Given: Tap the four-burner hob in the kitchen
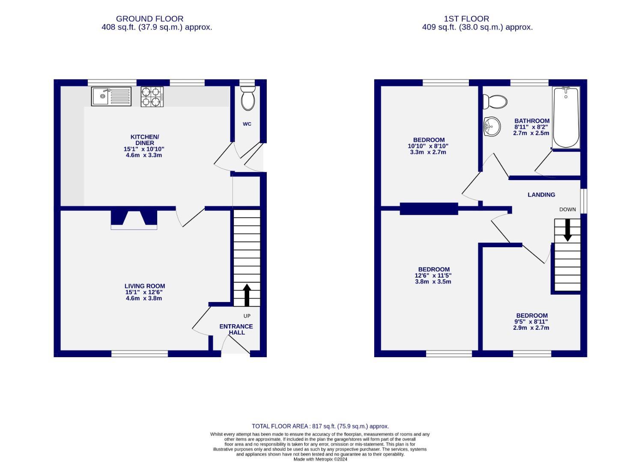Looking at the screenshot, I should [152, 96].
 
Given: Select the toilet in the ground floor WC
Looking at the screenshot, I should [247, 98].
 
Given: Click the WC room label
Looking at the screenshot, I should [247, 124].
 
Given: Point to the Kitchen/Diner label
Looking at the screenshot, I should [144, 140].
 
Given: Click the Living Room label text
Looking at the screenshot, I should [145, 286].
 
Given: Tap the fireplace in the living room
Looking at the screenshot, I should [134, 219].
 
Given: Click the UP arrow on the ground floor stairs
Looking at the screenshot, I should [247, 295].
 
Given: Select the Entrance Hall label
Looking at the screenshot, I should [236, 329].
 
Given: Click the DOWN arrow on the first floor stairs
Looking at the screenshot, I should [567, 230].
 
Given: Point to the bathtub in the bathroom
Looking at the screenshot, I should [566, 117].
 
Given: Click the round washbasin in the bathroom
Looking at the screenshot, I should [492, 127].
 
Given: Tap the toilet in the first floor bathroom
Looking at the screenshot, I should [495, 102].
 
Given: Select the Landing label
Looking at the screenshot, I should [541, 195].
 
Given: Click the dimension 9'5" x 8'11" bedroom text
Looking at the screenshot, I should [531, 322].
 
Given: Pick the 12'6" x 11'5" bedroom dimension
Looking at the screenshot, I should [433, 275].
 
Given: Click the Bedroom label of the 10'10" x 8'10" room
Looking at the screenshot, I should [429, 140].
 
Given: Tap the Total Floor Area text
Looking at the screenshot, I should [320, 426].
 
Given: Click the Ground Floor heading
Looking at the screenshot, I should [149, 19].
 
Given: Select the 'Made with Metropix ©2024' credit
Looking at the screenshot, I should [320, 459].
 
